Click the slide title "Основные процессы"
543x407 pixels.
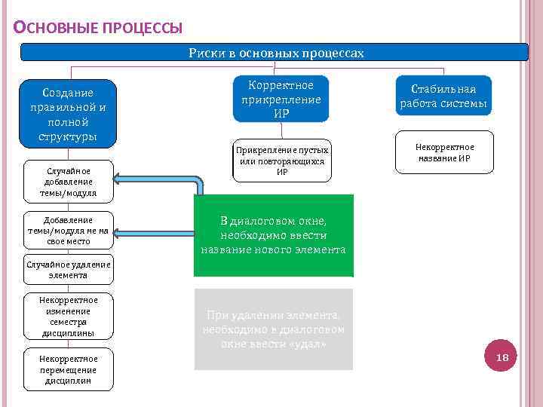[98, 29]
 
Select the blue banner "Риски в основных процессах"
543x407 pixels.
[275, 53]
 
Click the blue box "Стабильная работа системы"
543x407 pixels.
[443, 96]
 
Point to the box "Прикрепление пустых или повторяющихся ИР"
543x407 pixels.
[281, 161]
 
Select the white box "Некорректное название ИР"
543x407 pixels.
[444, 152]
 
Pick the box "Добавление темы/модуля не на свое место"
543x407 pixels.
[68, 231]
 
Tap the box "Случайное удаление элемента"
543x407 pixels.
[68, 269]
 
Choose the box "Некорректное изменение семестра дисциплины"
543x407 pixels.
[68, 317]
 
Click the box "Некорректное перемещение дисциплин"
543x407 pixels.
[68, 369]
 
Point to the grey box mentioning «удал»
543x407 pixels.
[273, 329]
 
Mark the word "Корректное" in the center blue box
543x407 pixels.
[281, 84]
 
